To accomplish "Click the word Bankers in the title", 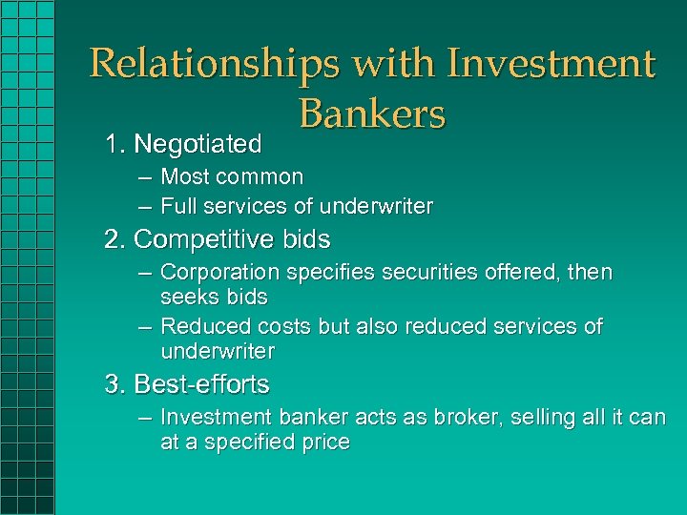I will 372,114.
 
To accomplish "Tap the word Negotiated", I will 198,144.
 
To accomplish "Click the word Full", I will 178,206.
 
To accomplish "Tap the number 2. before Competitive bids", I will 115,239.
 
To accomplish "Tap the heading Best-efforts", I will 201,384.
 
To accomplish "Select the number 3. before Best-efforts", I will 115,384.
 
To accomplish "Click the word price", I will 323,443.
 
